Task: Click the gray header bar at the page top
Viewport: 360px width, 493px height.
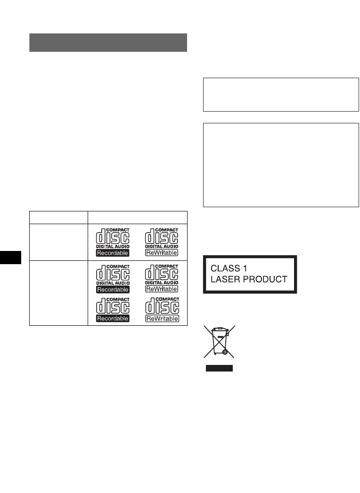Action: (108, 42)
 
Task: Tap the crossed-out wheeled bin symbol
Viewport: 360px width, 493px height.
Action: (220, 341)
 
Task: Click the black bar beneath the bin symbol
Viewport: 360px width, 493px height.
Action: (220, 368)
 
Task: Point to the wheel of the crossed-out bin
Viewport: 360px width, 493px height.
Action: (225, 351)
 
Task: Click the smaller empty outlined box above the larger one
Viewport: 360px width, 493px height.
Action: (280, 95)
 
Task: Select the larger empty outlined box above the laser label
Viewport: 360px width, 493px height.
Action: (280, 165)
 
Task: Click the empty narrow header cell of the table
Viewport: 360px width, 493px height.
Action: (58, 217)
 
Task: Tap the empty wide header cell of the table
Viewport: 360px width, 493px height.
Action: (138, 217)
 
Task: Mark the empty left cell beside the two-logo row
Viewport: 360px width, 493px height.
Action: (58, 241)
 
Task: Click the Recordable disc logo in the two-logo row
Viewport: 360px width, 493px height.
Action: (113, 241)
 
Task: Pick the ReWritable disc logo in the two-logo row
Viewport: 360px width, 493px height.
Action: (162, 241)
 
